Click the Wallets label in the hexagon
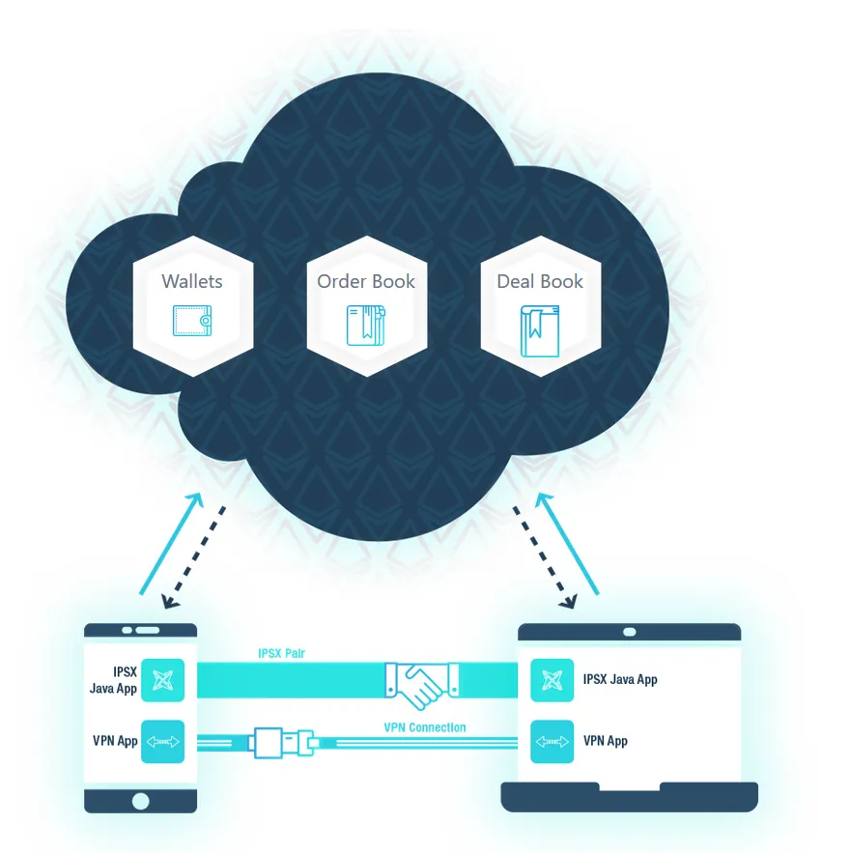(192, 281)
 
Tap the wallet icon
(192, 321)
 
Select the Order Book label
(366, 281)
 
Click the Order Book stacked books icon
(366, 326)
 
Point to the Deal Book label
(540, 281)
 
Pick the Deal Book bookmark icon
(540, 330)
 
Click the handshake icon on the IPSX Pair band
(421, 683)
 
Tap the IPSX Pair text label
(281, 653)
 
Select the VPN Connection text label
(425, 727)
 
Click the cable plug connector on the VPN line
(283, 743)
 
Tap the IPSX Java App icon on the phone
(162, 680)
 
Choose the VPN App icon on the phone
(162, 742)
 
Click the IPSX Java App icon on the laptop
(552, 680)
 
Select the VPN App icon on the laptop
(552, 742)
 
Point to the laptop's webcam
(629, 632)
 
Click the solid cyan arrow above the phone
(171, 544)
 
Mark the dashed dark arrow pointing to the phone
(194, 557)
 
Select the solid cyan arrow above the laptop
(567, 544)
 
